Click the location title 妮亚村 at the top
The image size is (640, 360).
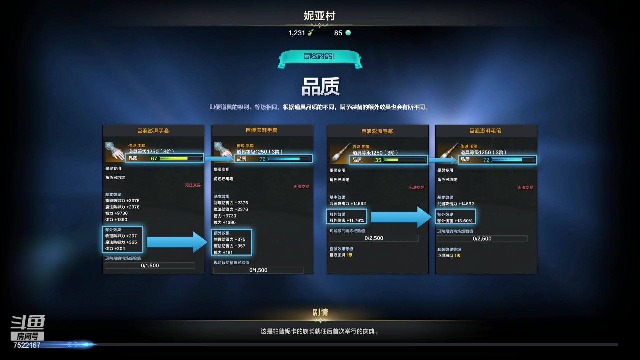click(319, 16)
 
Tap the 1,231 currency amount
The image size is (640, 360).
click(296, 33)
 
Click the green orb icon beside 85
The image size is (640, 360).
click(348, 33)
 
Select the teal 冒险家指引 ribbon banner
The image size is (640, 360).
click(319, 57)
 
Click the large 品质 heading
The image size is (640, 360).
click(320, 87)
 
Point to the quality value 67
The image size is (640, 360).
click(154, 159)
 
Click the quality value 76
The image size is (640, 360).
click(262, 159)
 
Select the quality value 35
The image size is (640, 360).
click(378, 160)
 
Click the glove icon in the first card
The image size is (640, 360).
click(114, 152)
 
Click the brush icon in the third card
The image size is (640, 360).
click(340, 154)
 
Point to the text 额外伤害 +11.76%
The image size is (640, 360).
click(346, 221)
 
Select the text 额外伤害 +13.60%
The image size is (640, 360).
click(455, 221)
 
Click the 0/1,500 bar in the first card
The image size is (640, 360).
click(150, 266)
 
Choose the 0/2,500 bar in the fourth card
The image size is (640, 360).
click(482, 239)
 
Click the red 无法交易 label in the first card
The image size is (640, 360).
click(193, 185)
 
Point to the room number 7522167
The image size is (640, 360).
click(27, 345)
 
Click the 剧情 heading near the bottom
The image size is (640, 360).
click(320, 312)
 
